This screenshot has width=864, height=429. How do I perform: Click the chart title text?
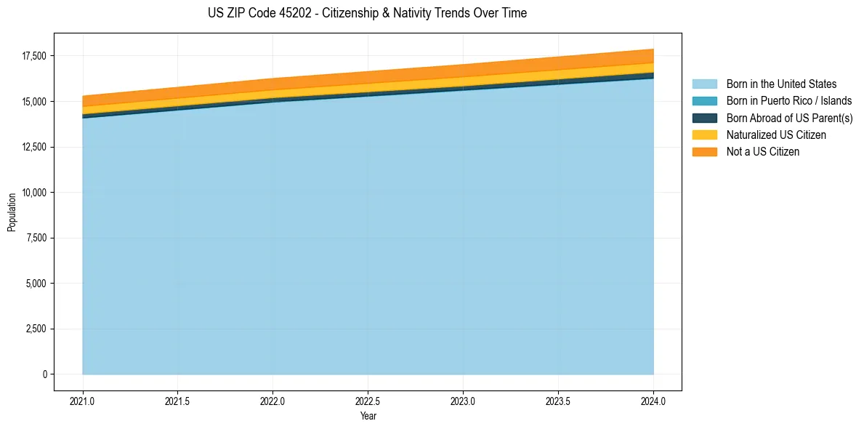367,13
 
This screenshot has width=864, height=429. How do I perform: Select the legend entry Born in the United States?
781,84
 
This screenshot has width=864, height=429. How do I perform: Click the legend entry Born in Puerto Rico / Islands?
789,101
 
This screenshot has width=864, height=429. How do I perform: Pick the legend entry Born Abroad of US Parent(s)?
789,118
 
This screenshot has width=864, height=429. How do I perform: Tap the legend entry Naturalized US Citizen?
776,135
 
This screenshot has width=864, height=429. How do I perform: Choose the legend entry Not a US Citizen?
763,152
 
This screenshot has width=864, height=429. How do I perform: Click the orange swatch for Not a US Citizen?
704,152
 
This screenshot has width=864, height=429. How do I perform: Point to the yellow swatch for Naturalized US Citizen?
704,135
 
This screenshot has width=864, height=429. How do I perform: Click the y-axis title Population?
12,212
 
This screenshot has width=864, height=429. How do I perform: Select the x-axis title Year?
368,416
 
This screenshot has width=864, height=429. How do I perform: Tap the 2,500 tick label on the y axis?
36,329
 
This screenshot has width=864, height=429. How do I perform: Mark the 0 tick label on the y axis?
44,374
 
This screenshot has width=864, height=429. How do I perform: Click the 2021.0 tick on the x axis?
82,401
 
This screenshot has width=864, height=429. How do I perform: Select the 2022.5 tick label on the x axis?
368,401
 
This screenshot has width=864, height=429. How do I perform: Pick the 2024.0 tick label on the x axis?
654,401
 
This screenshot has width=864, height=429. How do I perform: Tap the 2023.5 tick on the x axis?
559,401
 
